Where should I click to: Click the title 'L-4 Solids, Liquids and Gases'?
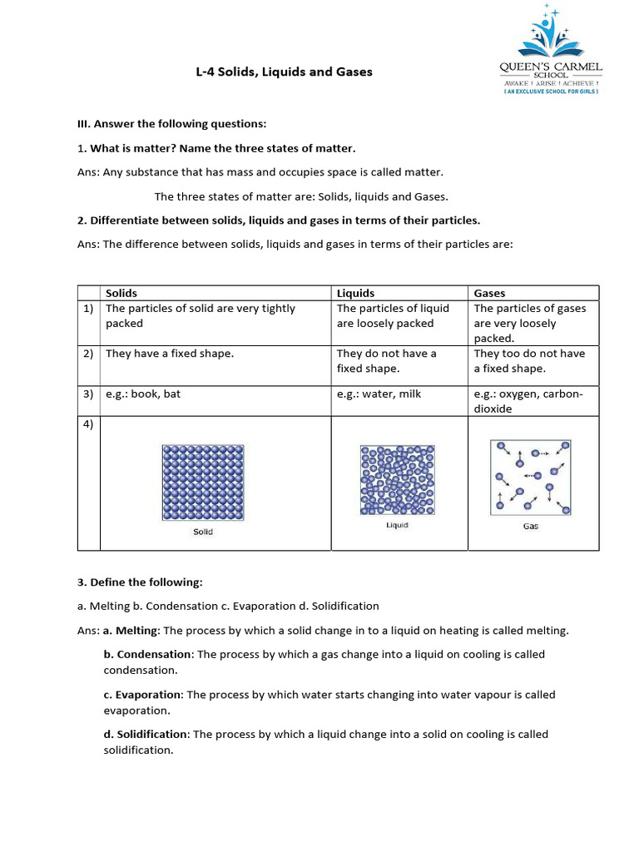click(x=284, y=72)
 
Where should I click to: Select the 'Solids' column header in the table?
click(x=121, y=293)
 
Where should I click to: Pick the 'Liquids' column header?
click(x=355, y=293)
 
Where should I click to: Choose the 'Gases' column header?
click(x=489, y=293)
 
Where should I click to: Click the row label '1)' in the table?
click(x=88, y=309)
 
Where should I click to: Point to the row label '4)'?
click(x=88, y=424)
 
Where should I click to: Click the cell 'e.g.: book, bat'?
click(x=143, y=394)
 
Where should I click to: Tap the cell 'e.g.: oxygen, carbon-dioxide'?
click(x=528, y=401)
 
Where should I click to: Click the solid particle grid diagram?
click(x=203, y=481)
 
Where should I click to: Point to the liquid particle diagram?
click(x=397, y=480)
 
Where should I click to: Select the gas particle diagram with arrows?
click(x=531, y=476)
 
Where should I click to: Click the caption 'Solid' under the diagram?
click(x=203, y=532)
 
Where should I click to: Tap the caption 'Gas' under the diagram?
click(x=531, y=526)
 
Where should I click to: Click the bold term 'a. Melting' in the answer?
click(x=131, y=631)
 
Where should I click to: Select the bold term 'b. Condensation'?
click(x=148, y=654)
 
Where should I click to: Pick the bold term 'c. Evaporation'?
click(x=142, y=694)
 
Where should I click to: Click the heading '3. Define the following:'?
click(x=140, y=582)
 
